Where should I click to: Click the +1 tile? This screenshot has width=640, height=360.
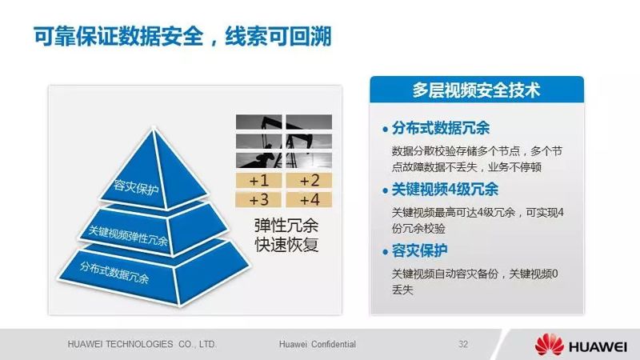258,181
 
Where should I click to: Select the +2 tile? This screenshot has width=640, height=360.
309,181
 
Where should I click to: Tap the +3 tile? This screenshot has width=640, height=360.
258,199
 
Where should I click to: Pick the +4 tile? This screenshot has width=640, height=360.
309,199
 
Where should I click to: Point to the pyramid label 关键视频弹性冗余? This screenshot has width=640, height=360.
128,235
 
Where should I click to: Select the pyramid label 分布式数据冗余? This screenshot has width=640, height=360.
114,272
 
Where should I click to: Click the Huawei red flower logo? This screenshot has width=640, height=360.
550,345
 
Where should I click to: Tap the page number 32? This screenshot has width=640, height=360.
463,344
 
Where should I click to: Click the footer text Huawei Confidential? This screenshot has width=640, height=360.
317,344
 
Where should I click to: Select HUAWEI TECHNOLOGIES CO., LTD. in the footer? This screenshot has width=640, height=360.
142,344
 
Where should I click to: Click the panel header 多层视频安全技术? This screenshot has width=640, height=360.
476,90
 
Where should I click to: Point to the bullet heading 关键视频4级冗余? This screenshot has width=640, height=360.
445,190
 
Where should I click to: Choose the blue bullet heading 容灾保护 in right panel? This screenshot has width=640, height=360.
419,250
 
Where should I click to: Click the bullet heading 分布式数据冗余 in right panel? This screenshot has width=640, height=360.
441,128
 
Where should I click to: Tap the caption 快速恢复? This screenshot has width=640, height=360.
286,245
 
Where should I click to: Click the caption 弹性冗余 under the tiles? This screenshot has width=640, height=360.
286,226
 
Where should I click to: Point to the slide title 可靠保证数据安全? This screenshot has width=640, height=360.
118,36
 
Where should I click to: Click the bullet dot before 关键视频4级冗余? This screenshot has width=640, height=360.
385,191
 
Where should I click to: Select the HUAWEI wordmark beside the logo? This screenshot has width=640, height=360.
598,347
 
